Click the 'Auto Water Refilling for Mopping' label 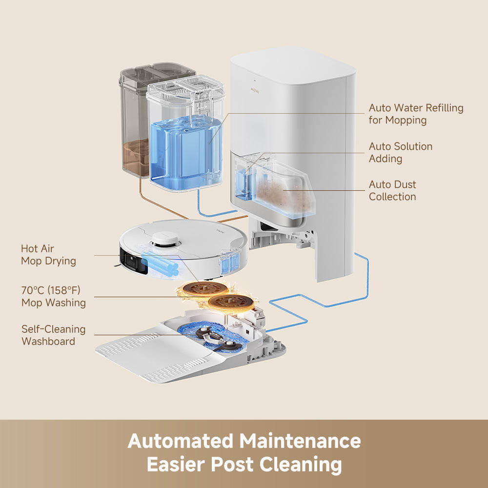(x=416, y=114)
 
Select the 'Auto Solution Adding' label (x=400, y=152)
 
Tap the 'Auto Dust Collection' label (x=392, y=190)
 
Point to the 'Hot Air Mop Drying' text (x=48, y=255)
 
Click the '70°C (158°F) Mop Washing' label (x=53, y=296)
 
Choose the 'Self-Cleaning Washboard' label (x=53, y=335)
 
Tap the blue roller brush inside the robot (x=161, y=266)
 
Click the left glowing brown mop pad (x=202, y=288)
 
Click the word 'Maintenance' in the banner (x=300, y=441)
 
